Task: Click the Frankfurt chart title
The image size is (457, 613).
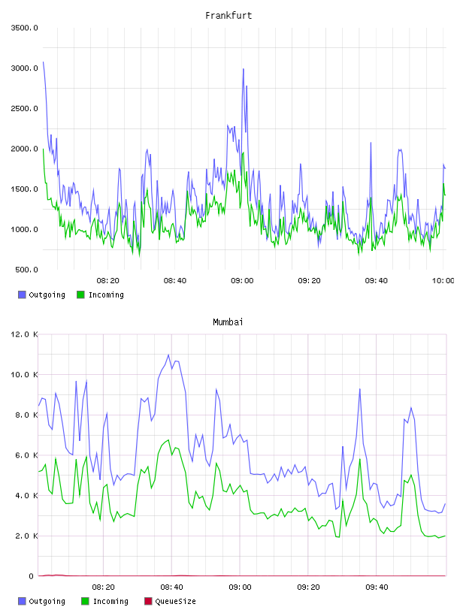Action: pyautogui.click(x=228, y=16)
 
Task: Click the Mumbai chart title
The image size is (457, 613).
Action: pyautogui.click(x=228, y=322)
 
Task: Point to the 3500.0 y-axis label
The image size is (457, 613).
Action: pyautogui.click(x=24, y=28)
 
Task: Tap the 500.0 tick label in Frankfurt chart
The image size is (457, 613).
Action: pyautogui.click(x=26, y=270)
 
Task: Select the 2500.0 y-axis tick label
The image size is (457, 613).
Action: pyautogui.click(x=24, y=108)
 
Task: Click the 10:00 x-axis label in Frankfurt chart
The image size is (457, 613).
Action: pyautogui.click(x=443, y=281)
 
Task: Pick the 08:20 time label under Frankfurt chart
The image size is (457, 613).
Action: pyautogui.click(x=108, y=281)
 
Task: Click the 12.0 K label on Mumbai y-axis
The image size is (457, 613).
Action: pyautogui.click(x=24, y=334)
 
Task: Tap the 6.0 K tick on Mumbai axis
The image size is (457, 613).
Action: pyautogui.click(x=26, y=455)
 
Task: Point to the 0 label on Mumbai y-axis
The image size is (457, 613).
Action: pyautogui.click(x=32, y=576)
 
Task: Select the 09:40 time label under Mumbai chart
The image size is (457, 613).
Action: pyautogui.click(x=377, y=587)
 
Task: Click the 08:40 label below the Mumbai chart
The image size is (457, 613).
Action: pyautogui.click(x=172, y=587)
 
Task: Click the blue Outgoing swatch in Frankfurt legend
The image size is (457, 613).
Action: pyautogui.click(x=22, y=294)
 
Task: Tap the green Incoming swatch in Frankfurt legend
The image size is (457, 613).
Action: pyautogui.click(x=80, y=294)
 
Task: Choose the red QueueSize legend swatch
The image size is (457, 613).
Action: pyautogui.click(x=148, y=601)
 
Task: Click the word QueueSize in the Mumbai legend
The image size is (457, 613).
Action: pyautogui.click(x=176, y=601)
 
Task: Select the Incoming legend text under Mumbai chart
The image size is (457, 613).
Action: pyautogui.click(x=110, y=601)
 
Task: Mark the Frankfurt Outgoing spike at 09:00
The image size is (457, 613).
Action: pyautogui.click(x=244, y=69)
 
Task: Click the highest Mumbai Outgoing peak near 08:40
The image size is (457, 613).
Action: pyautogui.click(x=168, y=355)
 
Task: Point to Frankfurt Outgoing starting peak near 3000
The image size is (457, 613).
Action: pyautogui.click(x=44, y=62)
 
